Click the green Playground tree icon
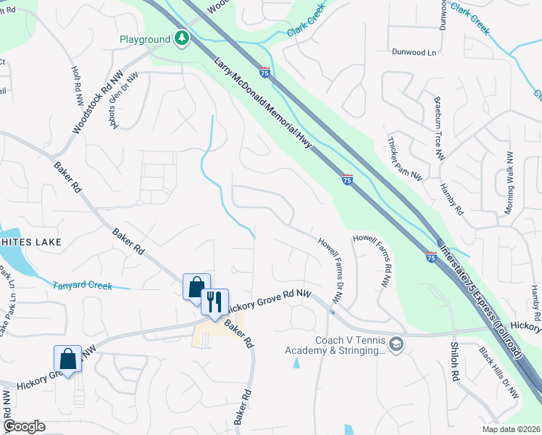[x=181, y=38]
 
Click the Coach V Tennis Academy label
[x=348, y=345]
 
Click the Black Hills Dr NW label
[x=500, y=371]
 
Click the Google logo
[x=25, y=426]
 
